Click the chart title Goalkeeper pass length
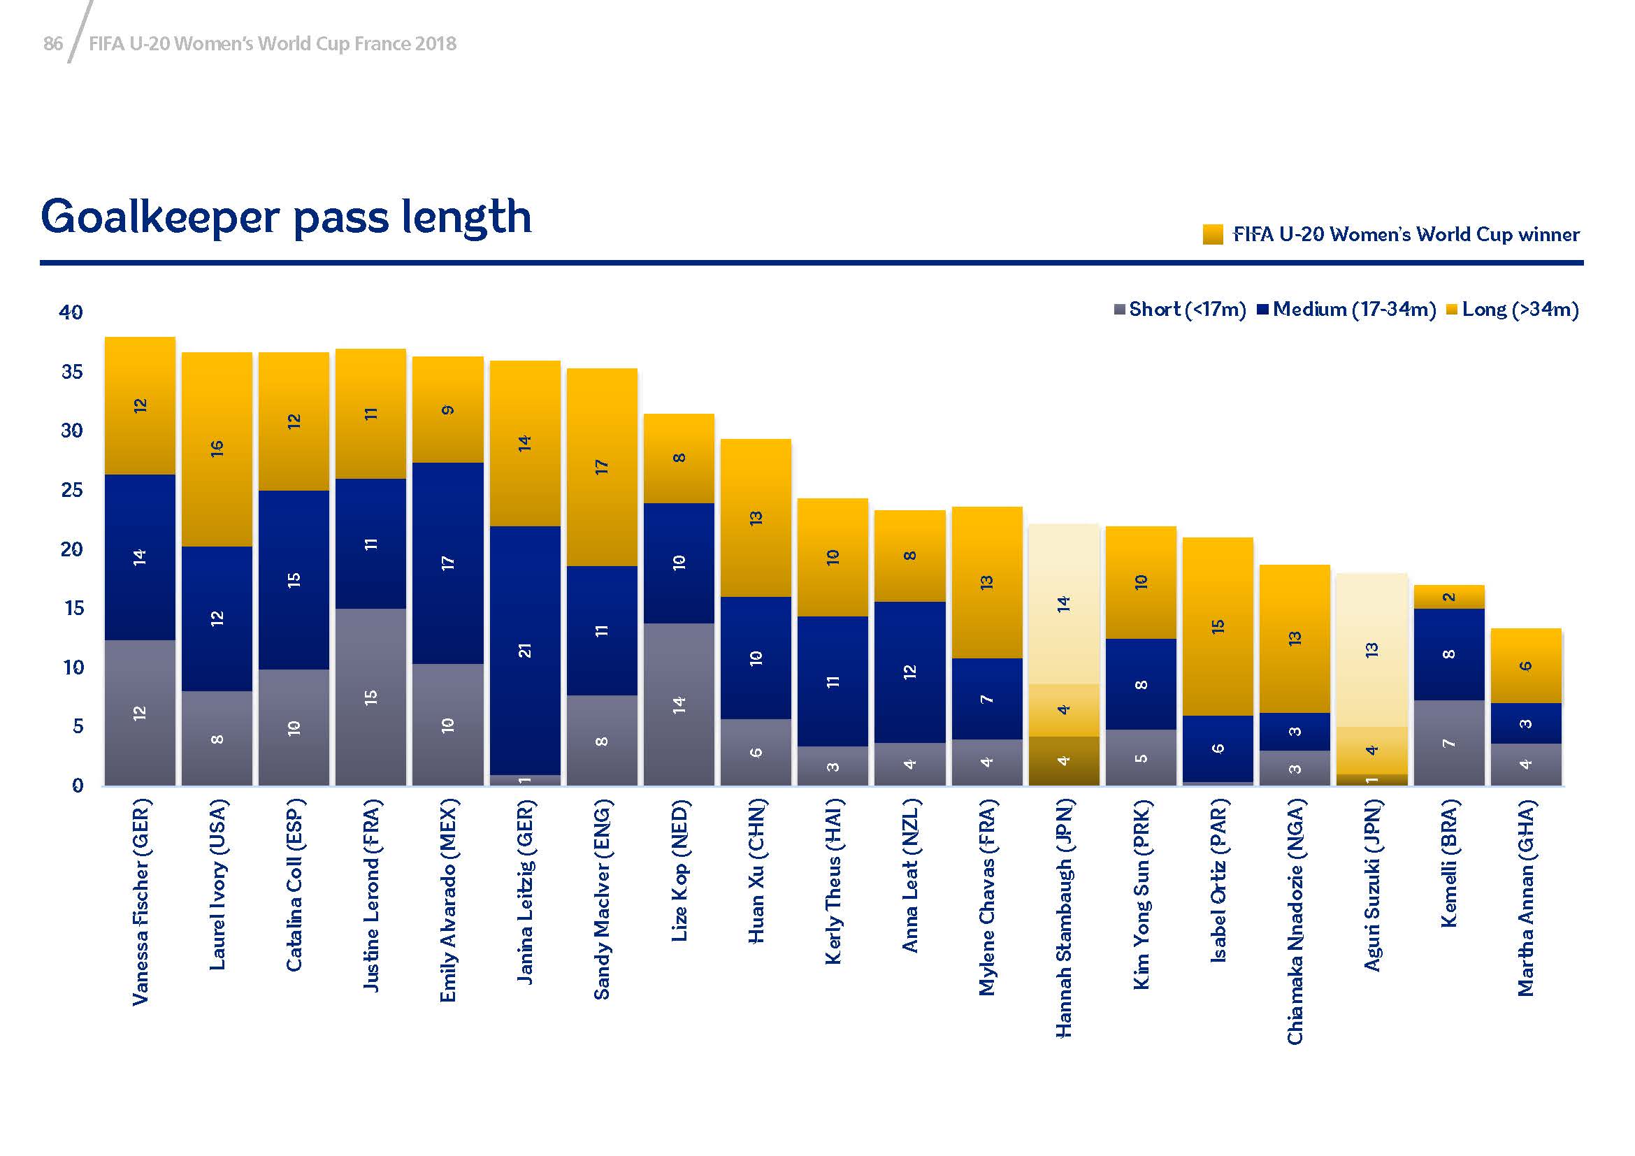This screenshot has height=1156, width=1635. [x=287, y=217]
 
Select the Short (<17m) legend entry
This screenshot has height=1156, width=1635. [x=1180, y=310]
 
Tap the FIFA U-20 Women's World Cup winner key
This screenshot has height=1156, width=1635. [x=1391, y=234]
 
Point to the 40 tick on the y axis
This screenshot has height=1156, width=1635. [x=71, y=312]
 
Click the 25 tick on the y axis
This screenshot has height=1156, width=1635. [x=71, y=490]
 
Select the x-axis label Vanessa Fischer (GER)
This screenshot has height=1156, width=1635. [x=141, y=902]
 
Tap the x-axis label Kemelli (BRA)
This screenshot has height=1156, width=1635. [x=1448, y=863]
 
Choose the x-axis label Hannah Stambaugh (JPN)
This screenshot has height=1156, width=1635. [x=1063, y=918]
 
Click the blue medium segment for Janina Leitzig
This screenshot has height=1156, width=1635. [x=525, y=650]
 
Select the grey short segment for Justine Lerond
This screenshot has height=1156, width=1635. [x=370, y=697]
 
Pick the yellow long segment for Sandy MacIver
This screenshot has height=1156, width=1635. [x=602, y=467]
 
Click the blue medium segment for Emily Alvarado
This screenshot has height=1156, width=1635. [x=447, y=563]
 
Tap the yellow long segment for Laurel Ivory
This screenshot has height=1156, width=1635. [x=217, y=449]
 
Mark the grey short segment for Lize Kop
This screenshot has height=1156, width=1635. [x=679, y=704]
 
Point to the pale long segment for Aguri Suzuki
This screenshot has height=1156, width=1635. [x=1371, y=649]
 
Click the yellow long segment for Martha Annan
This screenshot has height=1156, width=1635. [x=1525, y=665]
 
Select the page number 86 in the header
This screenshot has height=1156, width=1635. [x=52, y=44]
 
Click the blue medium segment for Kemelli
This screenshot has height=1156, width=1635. [x=1448, y=654]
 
